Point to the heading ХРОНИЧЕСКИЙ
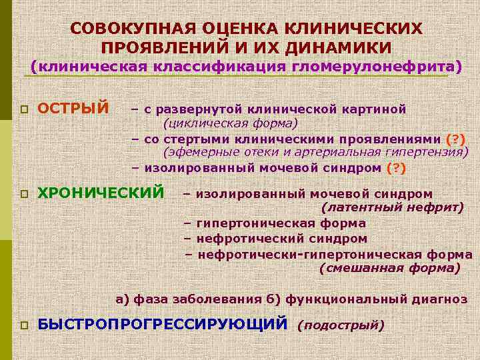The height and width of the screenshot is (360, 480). coord(101,193)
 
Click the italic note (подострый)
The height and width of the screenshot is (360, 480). coord(341,325)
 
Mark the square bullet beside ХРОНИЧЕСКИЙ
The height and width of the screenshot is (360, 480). coord(24,195)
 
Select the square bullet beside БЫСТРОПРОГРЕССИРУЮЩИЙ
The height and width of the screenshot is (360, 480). coord(24,326)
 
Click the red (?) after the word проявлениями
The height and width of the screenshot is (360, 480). coord(455,139)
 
